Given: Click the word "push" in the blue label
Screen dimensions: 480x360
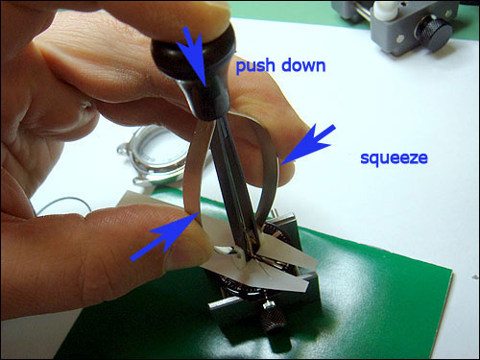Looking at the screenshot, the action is tap(254, 66).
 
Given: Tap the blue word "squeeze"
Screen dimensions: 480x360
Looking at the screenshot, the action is tap(394, 158).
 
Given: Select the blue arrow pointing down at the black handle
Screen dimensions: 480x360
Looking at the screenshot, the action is tap(193, 58).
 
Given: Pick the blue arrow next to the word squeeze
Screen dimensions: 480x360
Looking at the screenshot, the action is tap(307, 145).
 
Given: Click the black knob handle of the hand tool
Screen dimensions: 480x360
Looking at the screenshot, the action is tap(195, 73).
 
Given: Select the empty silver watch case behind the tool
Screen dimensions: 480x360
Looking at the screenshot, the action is tap(154, 156).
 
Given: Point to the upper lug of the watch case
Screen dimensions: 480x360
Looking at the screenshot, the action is tap(123, 149).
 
